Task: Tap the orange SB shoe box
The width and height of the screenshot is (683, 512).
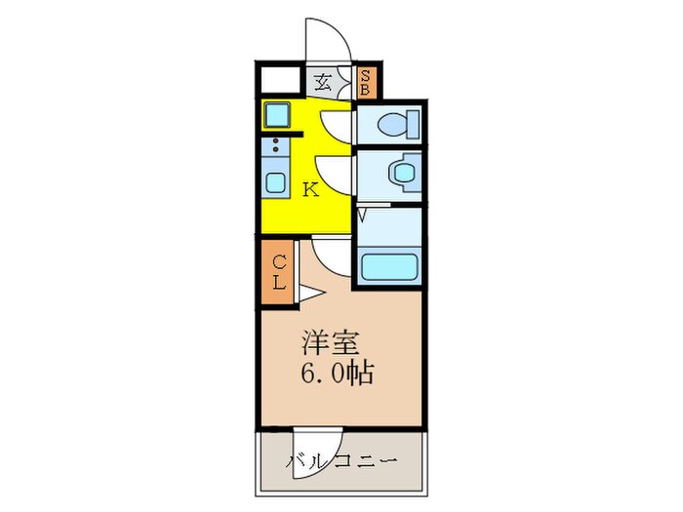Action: pyautogui.click(x=365, y=83)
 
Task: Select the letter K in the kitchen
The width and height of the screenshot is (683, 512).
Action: pyautogui.click(x=310, y=189)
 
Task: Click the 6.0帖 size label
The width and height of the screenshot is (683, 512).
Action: pyautogui.click(x=338, y=374)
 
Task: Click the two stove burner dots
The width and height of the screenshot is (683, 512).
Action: pyautogui.click(x=275, y=148)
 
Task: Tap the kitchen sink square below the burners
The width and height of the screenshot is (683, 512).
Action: pyautogui.click(x=275, y=182)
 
